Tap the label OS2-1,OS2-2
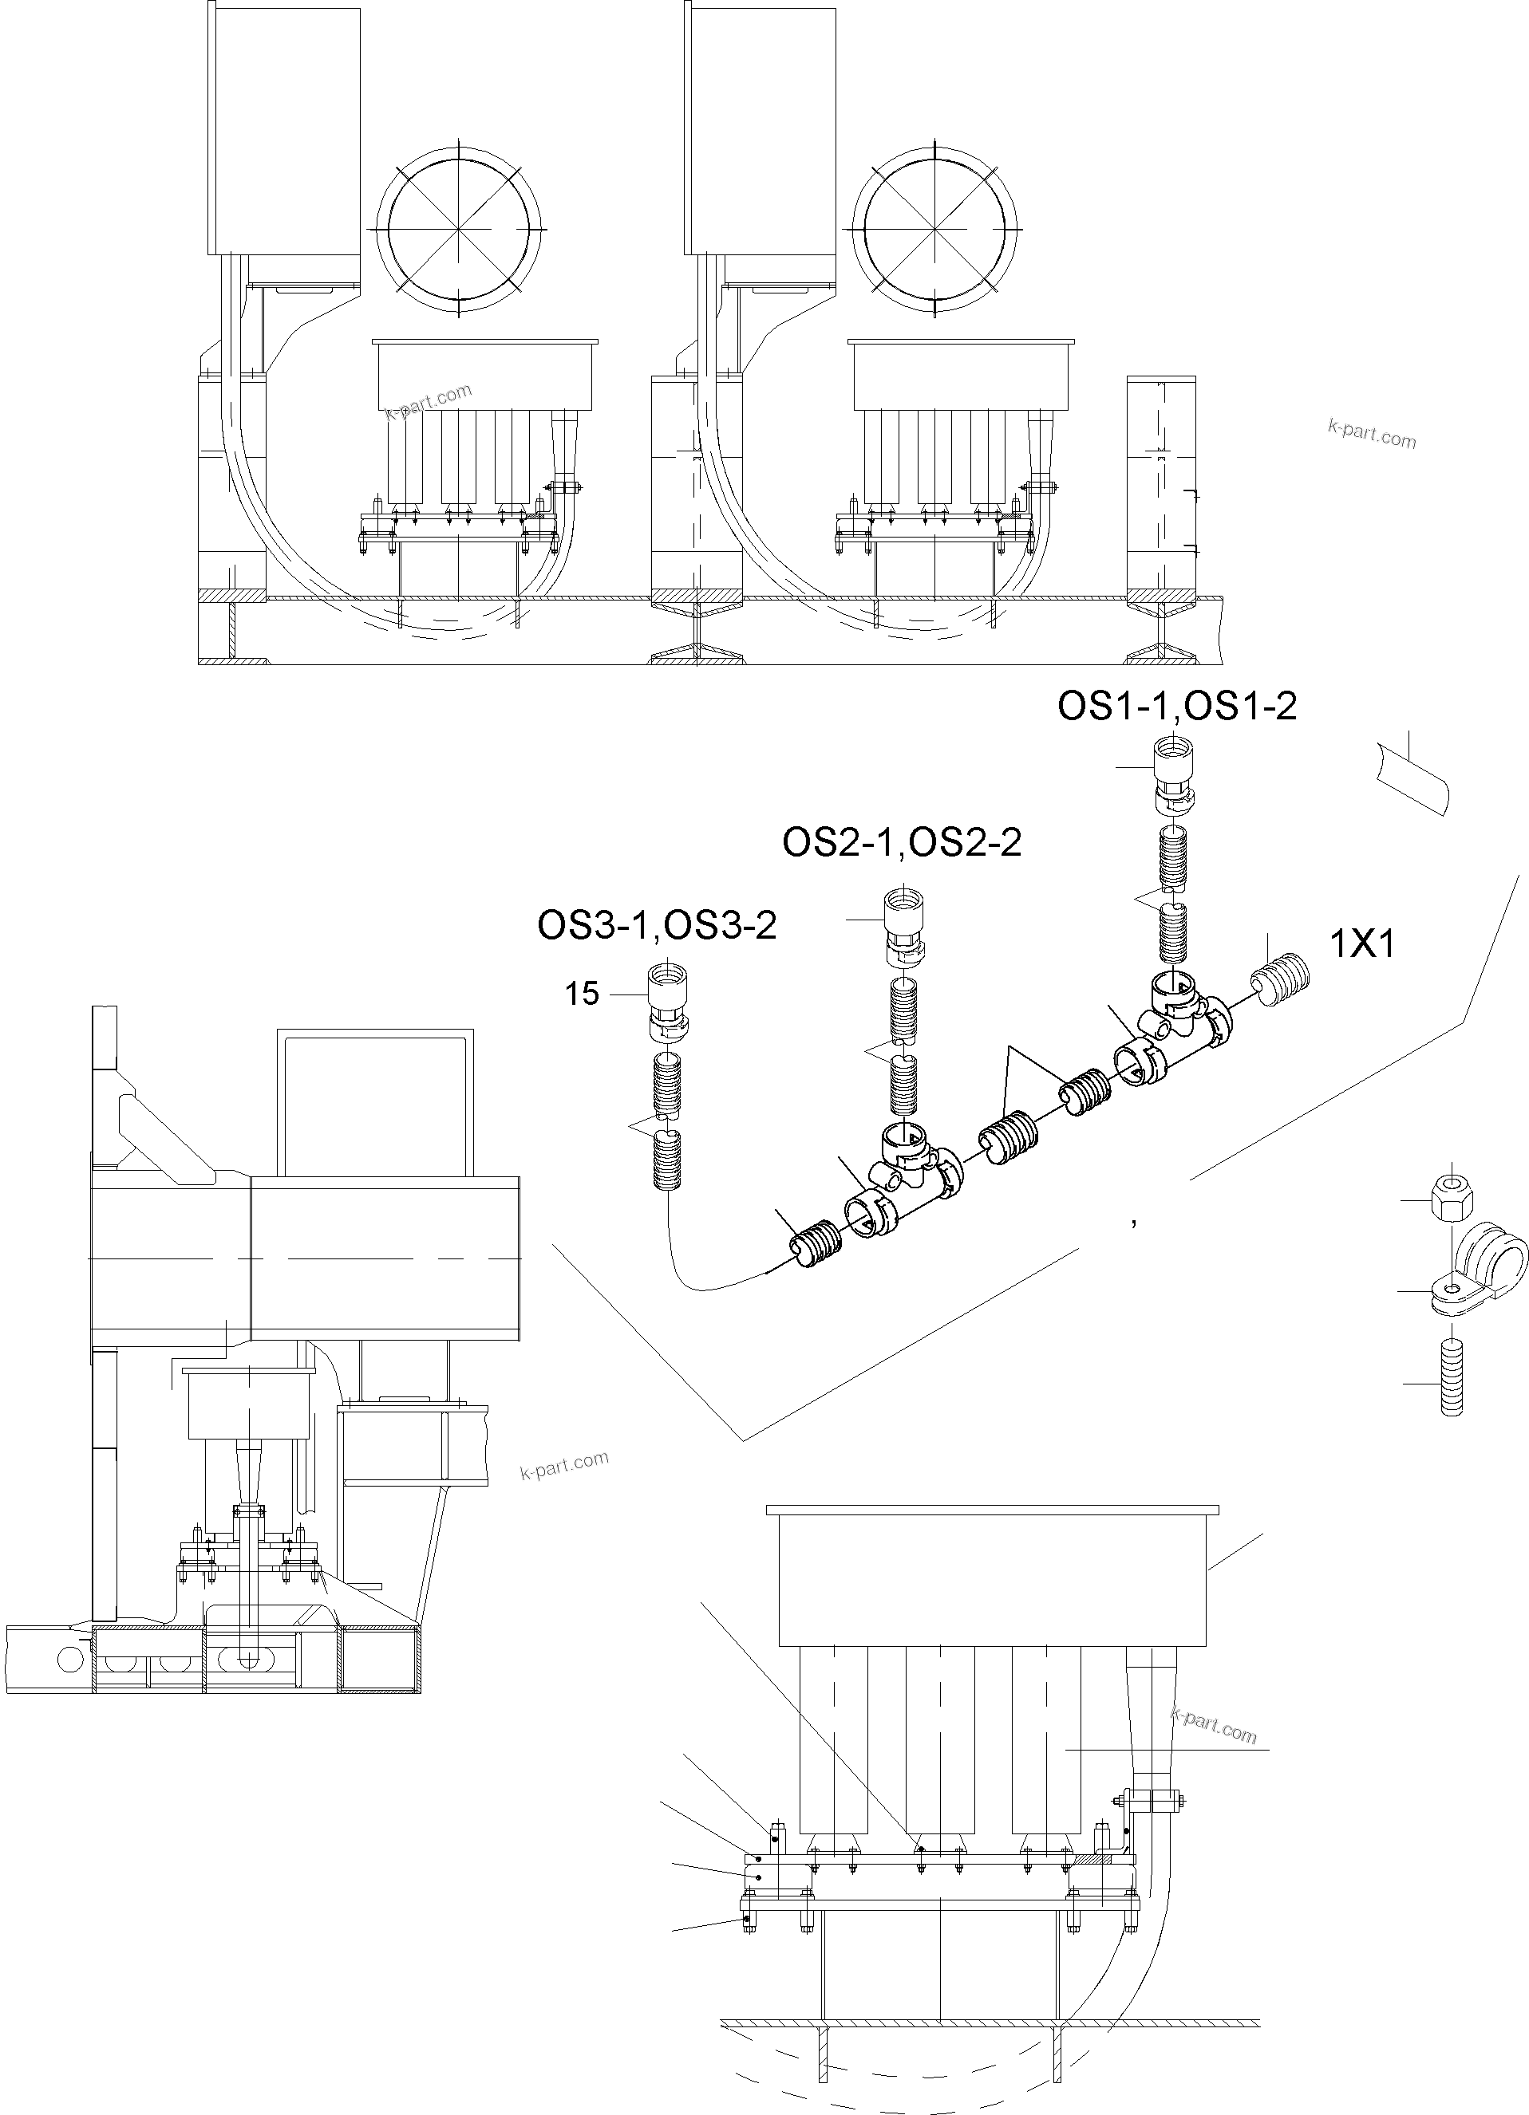(x=901, y=843)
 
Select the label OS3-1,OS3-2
(x=657, y=926)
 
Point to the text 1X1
(x=1361, y=946)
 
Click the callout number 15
(x=581, y=994)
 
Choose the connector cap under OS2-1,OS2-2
(x=902, y=924)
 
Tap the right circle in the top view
(x=934, y=228)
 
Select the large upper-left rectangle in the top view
(x=282, y=131)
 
